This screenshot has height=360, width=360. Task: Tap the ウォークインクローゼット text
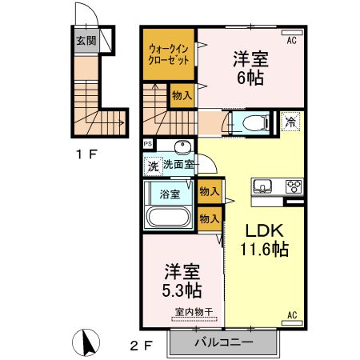[x=169, y=54]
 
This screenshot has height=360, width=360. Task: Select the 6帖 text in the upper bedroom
[x=250, y=78]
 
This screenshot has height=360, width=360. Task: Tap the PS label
[x=148, y=144]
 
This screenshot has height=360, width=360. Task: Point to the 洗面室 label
[x=179, y=165]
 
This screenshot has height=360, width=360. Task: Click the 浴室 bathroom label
[x=170, y=194]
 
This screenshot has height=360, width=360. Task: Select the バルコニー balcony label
[x=223, y=342]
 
